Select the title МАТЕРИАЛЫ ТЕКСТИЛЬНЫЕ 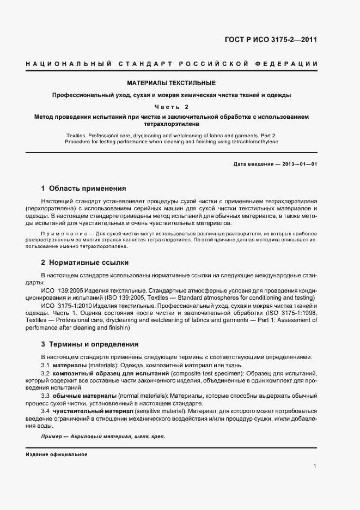click(171, 83)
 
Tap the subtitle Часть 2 click(171, 107)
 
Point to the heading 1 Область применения click(83, 189)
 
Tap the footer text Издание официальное click(57, 454)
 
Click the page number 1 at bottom click(315, 466)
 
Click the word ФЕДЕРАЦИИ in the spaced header click(291, 65)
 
